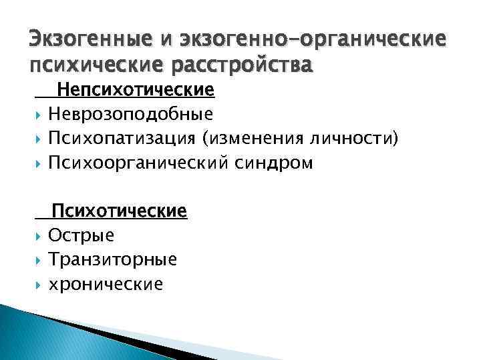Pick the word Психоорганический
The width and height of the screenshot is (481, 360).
point(138,163)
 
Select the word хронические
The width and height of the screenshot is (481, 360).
point(106,285)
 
